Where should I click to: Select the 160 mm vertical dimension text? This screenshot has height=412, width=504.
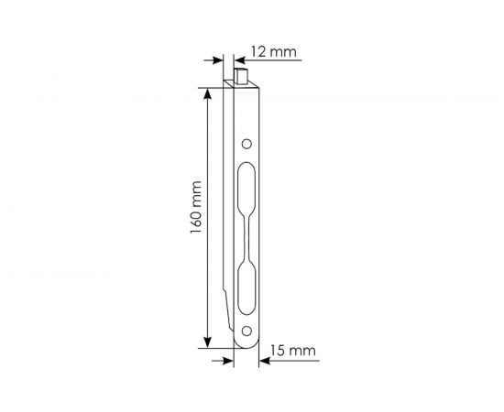tap(195, 217)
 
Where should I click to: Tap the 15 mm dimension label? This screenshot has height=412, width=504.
tap(296, 351)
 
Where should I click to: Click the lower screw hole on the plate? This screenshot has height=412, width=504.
tap(246, 331)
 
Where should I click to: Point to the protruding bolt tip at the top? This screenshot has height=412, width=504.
tap(243, 74)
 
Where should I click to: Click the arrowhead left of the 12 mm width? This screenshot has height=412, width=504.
tap(220, 60)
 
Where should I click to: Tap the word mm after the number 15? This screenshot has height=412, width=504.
tap(306, 351)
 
